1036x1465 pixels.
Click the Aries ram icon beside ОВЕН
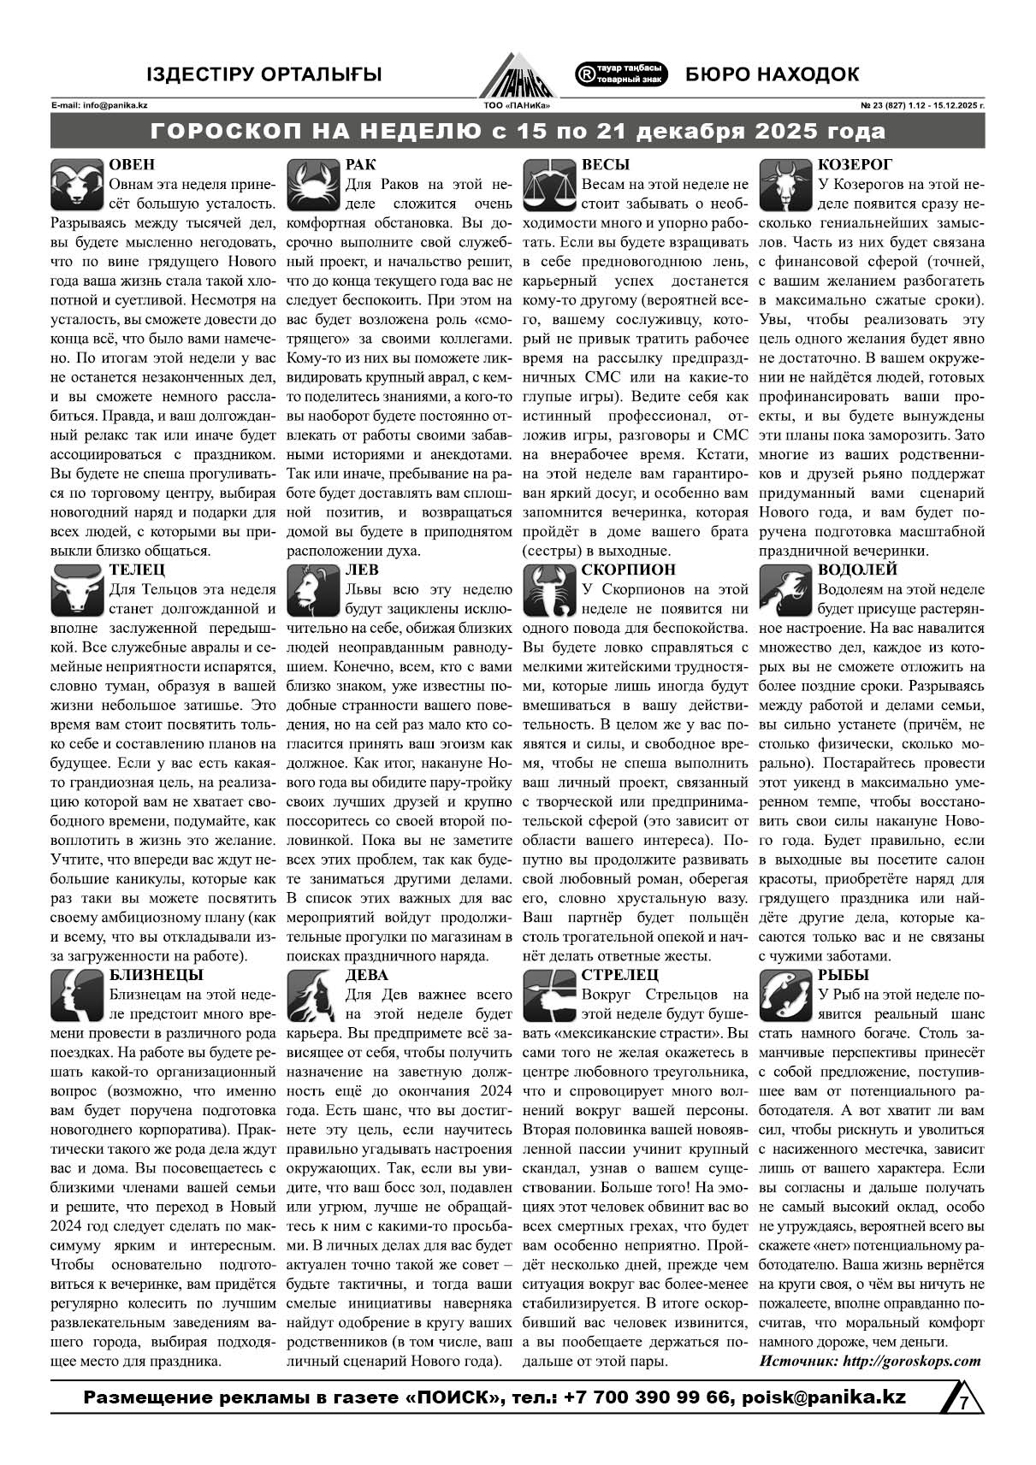(78, 185)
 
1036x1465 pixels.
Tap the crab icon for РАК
(312, 185)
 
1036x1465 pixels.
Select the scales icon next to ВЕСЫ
(548, 185)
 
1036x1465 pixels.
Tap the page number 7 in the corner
(963, 1403)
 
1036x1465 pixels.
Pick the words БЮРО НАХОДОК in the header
(773, 74)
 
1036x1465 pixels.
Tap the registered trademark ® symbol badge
(586, 74)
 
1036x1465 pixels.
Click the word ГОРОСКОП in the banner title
(232, 133)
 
